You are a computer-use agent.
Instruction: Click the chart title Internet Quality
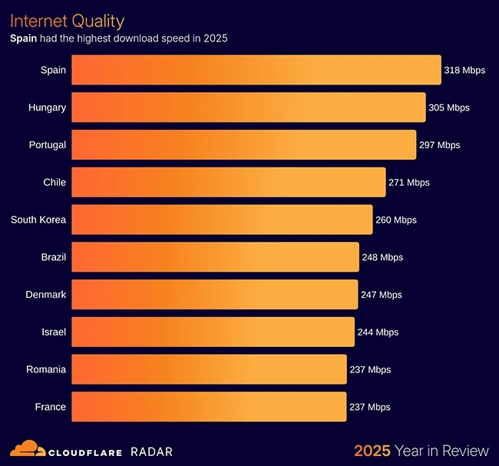[x=67, y=21]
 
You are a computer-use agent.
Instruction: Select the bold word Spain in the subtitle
[x=23, y=38]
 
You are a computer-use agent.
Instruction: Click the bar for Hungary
[x=248, y=107]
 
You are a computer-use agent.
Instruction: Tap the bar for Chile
[x=228, y=182]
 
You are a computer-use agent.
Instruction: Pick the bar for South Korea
[x=222, y=220]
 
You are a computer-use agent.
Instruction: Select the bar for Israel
[x=213, y=332]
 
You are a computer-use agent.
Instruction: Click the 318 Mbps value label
[x=464, y=71]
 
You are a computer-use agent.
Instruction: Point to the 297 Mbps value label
[x=439, y=145]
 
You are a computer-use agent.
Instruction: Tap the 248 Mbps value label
[x=382, y=257]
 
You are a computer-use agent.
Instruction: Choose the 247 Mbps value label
[x=381, y=295]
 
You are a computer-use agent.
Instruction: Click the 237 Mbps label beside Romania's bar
[x=369, y=369]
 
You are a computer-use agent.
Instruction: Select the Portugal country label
[x=47, y=145]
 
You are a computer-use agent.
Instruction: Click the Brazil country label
[x=54, y=257]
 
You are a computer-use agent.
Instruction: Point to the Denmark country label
[x=46, y=295]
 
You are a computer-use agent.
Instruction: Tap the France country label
[x=51, y=407]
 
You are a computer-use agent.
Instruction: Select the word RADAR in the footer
[x=151, y=451]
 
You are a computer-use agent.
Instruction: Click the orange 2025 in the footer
[x=372, y=451]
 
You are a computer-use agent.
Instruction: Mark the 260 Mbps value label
[x=395, y=220]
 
